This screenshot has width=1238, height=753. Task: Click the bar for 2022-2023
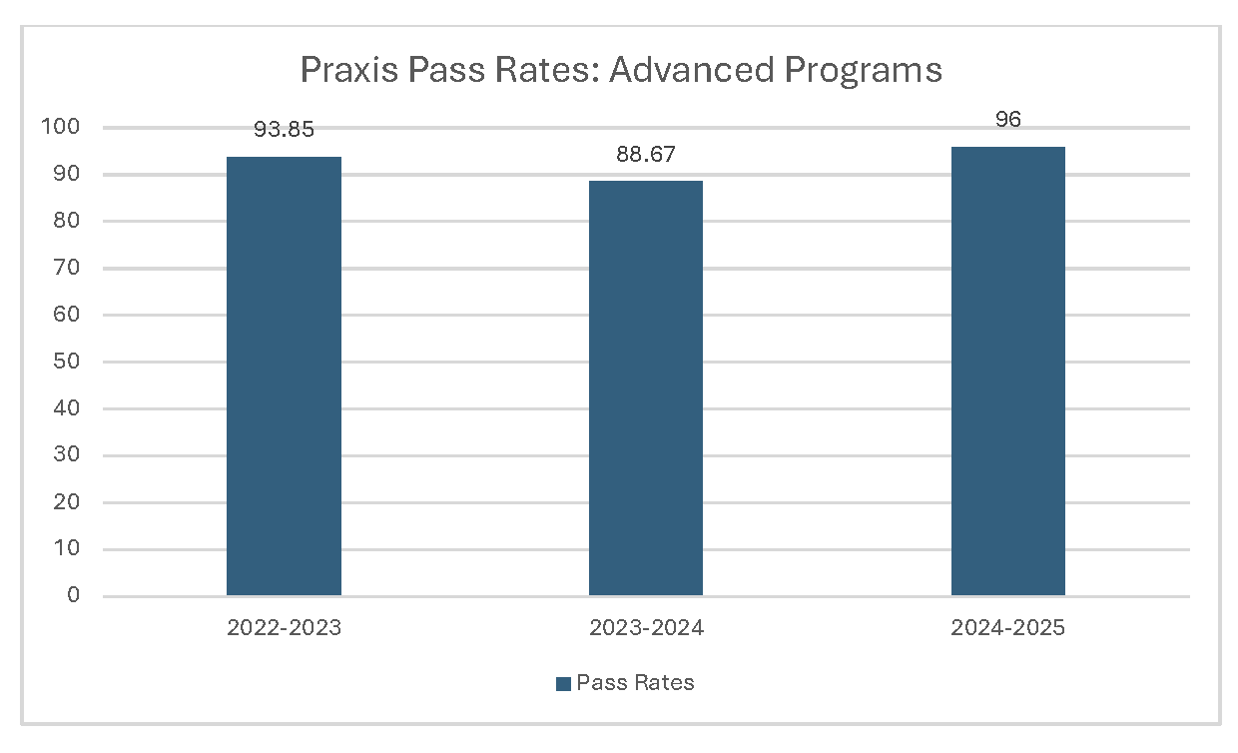click(x=284, y=376)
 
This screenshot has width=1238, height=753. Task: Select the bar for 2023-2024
click(x=646, y=388)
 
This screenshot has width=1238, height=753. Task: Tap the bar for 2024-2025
click(x=1007, y=372)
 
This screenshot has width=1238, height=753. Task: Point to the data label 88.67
click(x=646, y=154)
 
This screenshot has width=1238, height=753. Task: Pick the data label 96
click(x=1007, y=120)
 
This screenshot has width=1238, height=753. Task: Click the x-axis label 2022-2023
click(x=284, y=628)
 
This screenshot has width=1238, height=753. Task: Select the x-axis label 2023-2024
click(x=646, y=628)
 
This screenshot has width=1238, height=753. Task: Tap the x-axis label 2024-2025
click(x=1007, y=628)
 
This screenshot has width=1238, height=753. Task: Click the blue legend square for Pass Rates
click(x=562, y=683)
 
